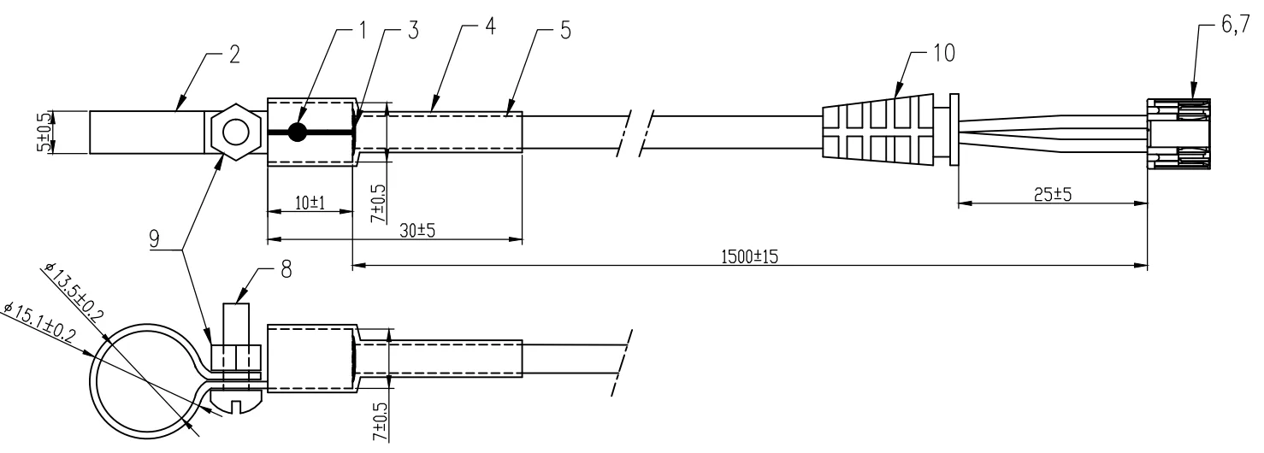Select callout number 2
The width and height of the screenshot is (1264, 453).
point(233,57)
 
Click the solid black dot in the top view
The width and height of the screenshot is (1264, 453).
point(298,132)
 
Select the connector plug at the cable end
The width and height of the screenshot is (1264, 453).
point(1178,132)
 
